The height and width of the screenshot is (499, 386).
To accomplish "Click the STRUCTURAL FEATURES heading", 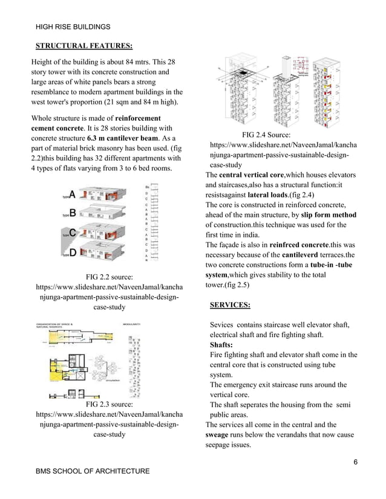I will pyautogui.click(x=84, y=45).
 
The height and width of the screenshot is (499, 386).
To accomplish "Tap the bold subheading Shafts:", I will pyautogui.click(x=224, y=345).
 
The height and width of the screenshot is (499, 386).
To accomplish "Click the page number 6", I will pyautogui.click(x=356, y=462).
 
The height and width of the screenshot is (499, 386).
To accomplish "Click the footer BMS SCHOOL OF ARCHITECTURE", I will pyautogui.click(x=93, y=471).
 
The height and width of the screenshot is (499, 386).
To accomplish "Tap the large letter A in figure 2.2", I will pyautogui.click(x=72, y=195).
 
